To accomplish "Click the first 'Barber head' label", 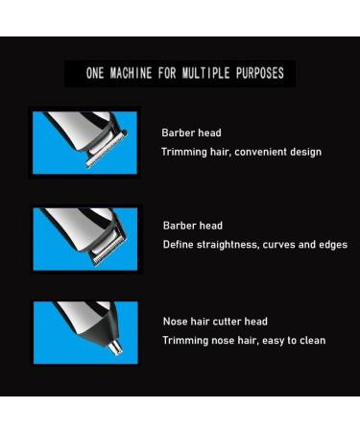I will (191, 133).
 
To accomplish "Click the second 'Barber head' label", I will (192, 226).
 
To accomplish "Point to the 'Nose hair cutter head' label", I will (214, 322).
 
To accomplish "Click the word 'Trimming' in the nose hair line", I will (183, 341).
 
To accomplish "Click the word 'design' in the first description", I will (303, 152).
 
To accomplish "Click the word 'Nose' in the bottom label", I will (174, 322).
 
